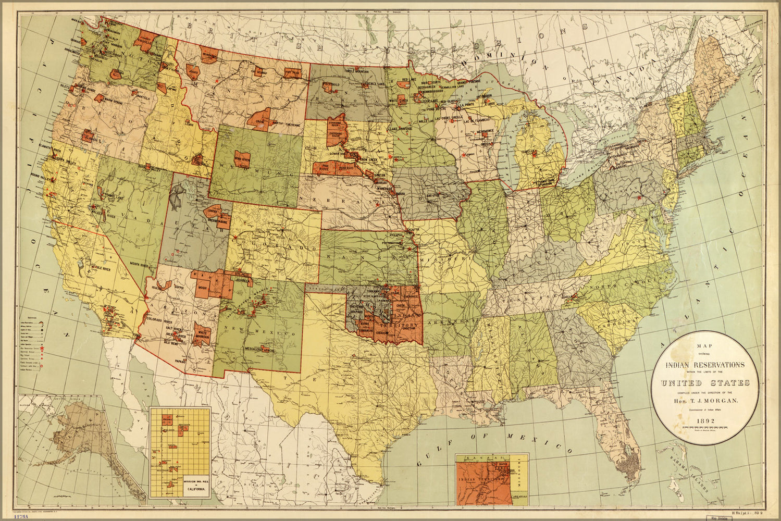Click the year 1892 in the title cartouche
706,421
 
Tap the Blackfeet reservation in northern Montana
208,54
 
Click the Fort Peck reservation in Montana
292,73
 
